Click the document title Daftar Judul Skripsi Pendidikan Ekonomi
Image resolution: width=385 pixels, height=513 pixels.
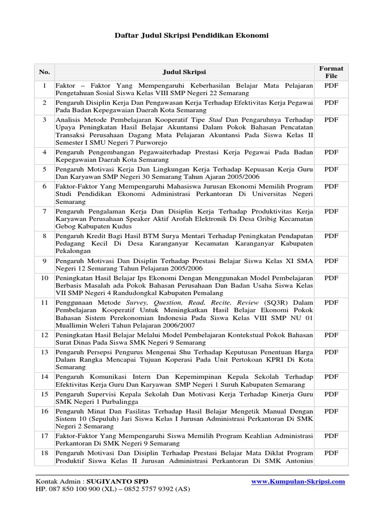click(192, 36)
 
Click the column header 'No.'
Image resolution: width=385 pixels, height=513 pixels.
click(44, 72)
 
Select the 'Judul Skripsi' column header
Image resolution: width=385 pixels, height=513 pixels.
click(184, 72)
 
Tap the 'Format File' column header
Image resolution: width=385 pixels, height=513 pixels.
click(331, 72)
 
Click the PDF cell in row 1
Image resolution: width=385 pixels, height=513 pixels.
click(331, 86)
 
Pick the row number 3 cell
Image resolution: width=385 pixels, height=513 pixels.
click(44, 120)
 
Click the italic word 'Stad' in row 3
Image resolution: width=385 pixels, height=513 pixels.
click(215, 120)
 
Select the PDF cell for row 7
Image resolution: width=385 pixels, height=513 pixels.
click(331, 211)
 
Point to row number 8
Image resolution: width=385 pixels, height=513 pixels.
click(44, 235)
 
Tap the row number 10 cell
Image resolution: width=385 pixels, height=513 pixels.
click(44, 278)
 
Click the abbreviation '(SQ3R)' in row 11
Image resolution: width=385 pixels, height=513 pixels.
click(275, 303)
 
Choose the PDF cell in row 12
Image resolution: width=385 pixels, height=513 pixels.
click(331, 335)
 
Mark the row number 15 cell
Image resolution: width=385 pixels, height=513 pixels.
click(44, 394)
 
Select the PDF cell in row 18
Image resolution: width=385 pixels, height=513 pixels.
click(331, 453)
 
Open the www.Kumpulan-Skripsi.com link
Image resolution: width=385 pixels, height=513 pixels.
click(298, 481)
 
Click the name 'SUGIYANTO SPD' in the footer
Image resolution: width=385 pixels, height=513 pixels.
click(114, 481)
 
